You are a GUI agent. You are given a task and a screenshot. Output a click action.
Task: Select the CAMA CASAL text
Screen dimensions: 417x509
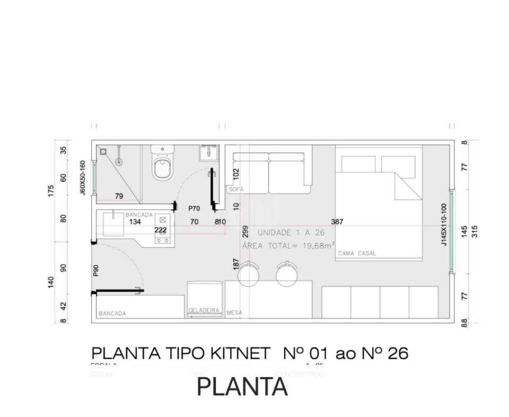click(x=357, y=254)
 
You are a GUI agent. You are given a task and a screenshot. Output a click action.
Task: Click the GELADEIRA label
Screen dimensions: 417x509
click(x=204, y=310)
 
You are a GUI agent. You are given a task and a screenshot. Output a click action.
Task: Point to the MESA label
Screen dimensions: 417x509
click(x=234, y=313)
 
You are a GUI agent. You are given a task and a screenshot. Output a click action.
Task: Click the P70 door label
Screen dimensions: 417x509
click(x=194, y=209)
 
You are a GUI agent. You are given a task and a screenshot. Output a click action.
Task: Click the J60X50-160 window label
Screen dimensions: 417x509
click(x=83, y=178)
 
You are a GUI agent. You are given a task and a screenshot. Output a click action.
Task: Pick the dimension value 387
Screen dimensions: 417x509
click(x=337, y=222)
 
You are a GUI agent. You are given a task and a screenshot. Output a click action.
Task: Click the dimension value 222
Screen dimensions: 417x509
click(x=161, y=230)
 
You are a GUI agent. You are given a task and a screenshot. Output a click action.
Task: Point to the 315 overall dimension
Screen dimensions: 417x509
click(x=475, y=231)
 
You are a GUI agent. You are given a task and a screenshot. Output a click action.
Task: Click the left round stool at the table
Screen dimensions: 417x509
click(x=248, y=274)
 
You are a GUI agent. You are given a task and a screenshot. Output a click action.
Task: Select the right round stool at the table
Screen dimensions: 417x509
click(x=287, y=274)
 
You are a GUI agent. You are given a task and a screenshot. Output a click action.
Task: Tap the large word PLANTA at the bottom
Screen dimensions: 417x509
click(x=242, y=387)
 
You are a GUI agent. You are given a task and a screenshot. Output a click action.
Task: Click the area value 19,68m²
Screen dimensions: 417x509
click(x=315, y=245)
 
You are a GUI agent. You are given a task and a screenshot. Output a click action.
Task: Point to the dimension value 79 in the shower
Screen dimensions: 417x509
click(x=119, y=196)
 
